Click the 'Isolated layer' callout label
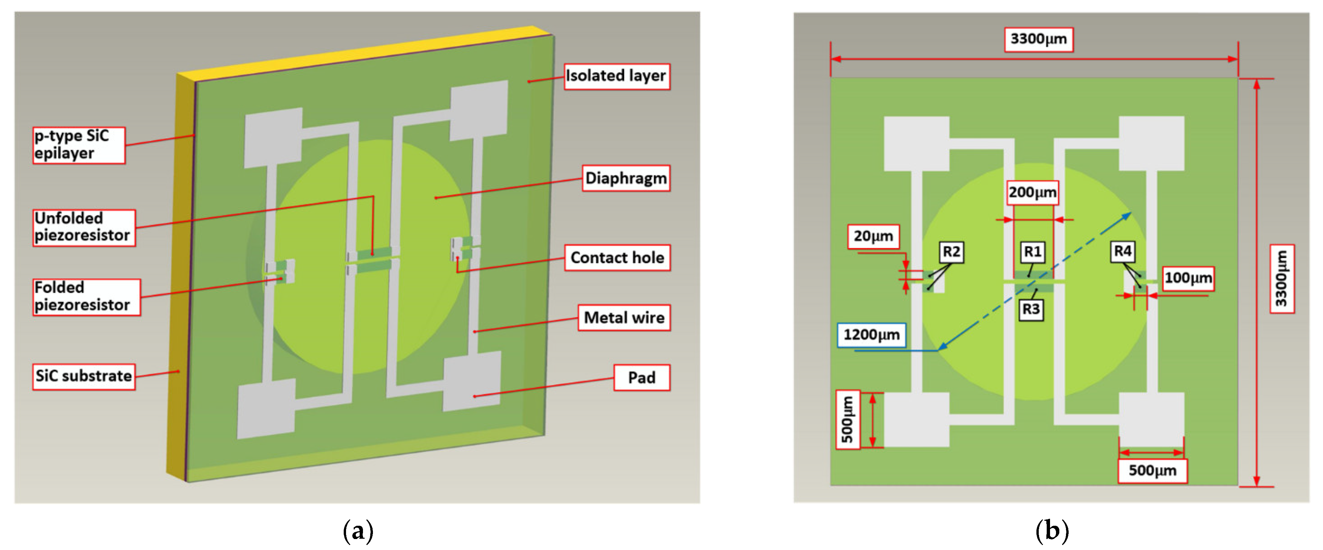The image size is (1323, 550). [x=616, y=76]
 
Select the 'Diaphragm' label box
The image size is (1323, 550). [x=626, y=178]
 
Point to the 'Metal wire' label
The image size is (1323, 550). [x=624, y=318]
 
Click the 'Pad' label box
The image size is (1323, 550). [x=642, y=377]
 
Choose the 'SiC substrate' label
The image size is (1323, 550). [x=84, y=376]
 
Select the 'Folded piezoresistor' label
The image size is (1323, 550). [x=86, y=296]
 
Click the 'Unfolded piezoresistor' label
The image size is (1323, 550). [x=84, y=227]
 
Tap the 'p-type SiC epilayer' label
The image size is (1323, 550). [x=79, y=145]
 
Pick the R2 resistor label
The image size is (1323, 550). [x=951, y=252]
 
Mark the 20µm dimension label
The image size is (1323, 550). [x=873, y=236]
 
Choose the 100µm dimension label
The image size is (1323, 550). [x=1188, y=278]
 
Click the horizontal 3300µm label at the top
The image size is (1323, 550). [x=1038, y=39]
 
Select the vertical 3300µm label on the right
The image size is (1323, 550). [x=1282, y=279]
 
